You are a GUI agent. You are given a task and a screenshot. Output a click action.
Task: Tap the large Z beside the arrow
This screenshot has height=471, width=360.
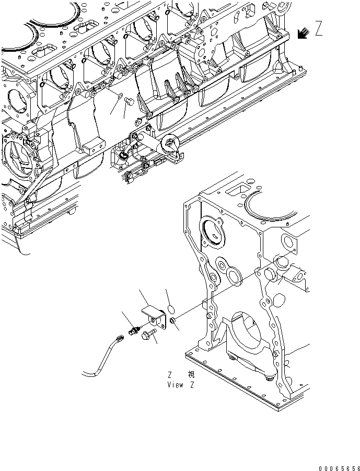(318, 29)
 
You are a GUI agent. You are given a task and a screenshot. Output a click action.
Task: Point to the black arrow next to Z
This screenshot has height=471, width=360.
(302, 33)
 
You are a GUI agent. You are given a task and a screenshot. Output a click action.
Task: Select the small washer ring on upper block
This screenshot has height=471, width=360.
(121, 97)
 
